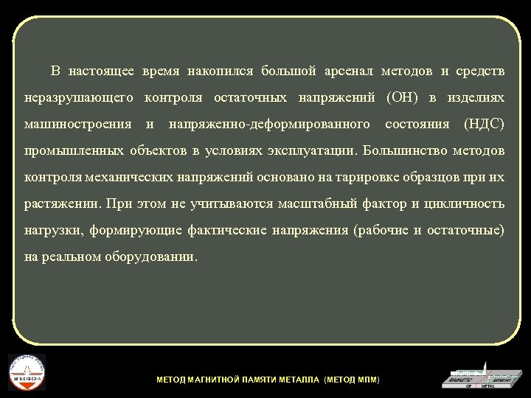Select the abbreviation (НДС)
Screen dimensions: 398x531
(484, 125)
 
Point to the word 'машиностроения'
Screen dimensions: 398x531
(77, 125)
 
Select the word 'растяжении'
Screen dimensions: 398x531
(62, 204)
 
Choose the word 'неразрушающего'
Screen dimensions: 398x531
(78, 98)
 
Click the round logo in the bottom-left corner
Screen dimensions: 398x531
(27, 372)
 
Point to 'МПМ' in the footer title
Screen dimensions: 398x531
(367, 380)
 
